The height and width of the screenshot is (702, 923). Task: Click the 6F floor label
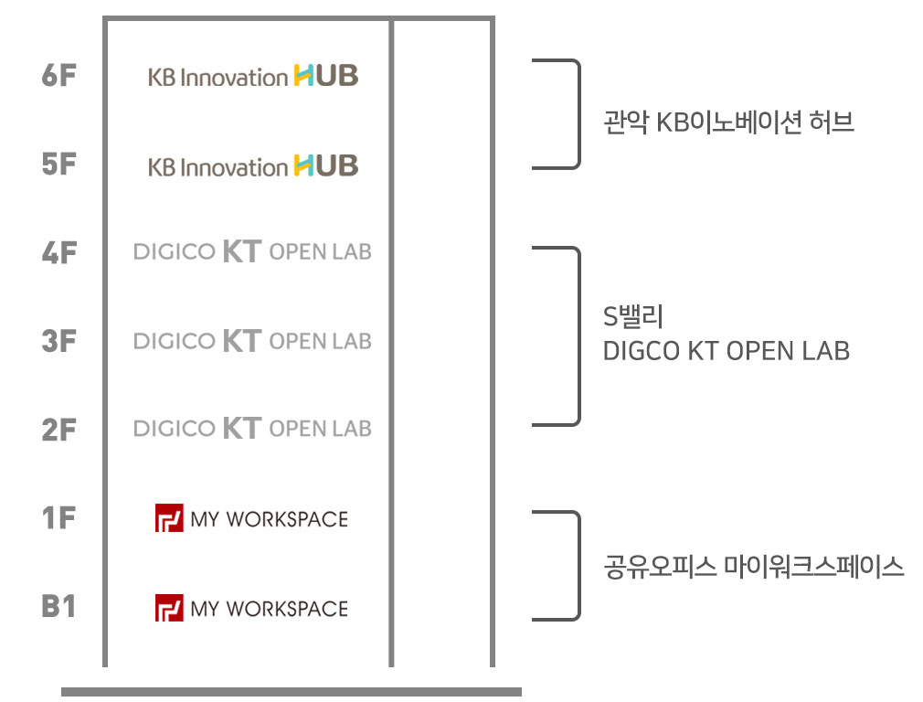58,76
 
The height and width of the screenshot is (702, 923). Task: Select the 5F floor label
58,165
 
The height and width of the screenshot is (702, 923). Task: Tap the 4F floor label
58,253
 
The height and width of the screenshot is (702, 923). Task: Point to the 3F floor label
58,342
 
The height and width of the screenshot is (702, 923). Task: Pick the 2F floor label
58,430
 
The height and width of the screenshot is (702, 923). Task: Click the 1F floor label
58,518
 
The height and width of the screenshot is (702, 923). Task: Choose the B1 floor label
58,606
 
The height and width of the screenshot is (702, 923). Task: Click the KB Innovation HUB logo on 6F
253,77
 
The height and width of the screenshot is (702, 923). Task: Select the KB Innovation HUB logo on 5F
253,166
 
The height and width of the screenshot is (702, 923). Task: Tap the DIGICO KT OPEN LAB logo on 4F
252,251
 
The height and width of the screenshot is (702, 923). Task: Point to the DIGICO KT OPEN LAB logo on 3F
252,341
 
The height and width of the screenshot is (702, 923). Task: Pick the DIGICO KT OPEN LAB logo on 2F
252,428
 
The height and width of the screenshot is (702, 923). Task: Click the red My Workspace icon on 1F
170,518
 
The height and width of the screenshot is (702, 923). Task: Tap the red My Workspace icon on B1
170,608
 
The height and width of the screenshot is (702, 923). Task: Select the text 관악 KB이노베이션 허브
728,122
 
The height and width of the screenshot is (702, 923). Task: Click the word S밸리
632,317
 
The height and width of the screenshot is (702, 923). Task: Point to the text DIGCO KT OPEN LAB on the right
726,350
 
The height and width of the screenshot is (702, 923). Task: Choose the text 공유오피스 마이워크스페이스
754,568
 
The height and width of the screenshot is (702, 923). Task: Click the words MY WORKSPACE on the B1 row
269,609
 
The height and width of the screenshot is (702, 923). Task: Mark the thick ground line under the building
291,692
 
